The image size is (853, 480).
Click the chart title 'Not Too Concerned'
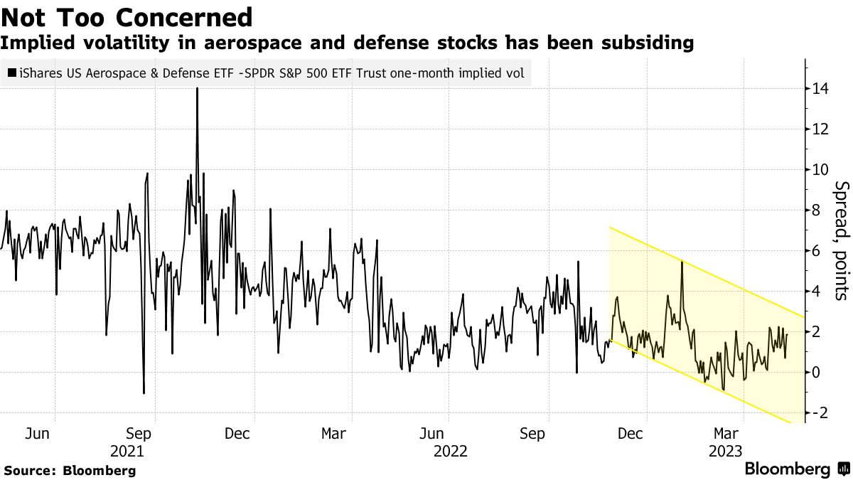point(127,16)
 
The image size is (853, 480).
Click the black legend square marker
point(12,73)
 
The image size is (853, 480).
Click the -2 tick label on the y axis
point(820,412)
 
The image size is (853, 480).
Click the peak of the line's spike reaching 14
point(197,89)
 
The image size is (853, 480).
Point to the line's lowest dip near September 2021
point(144,393)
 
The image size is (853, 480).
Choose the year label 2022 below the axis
point(451,452)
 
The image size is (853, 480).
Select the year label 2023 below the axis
point(725,452)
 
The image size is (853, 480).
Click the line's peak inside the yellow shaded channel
point(682,262)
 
